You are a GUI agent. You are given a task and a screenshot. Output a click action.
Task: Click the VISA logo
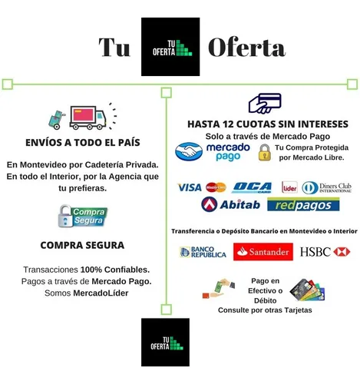coord(190,187)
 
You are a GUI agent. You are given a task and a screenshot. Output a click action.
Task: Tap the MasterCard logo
coord(216,187)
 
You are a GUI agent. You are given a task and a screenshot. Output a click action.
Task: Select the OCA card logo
coord(252,187)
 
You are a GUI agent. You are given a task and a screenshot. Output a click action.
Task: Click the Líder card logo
coord(289,187)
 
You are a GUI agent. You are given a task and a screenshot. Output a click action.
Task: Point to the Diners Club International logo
coord(327,187)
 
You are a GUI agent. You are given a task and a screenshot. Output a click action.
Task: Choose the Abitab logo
coord(231,204)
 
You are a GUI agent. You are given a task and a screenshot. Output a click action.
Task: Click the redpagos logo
coord(303,204)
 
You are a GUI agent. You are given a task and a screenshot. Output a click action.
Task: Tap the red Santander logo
coord(263,252)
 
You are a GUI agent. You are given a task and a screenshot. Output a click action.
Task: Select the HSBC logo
coord(325,252)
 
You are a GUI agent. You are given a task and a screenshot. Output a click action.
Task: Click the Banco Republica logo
coord(203,252)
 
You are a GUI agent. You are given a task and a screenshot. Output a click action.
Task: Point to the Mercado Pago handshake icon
coord(189,151)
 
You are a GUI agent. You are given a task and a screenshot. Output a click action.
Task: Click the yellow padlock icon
coord(265,153)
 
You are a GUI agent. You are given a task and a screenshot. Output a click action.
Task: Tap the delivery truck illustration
coord(88,118)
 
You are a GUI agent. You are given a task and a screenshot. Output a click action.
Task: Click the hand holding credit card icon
coord(265,103)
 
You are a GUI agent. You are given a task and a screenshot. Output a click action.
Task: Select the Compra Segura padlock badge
coord(83,216)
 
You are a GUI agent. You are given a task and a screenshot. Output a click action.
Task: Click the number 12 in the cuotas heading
coord(227,124)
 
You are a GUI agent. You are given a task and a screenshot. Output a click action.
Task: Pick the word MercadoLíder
coord(101,293)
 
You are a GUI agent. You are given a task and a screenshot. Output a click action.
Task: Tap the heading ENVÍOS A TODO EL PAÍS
coord(83,143)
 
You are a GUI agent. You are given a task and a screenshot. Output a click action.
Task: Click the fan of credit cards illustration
coord(307,290)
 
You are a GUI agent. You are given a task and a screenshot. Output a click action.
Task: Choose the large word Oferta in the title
coord(247,48)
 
